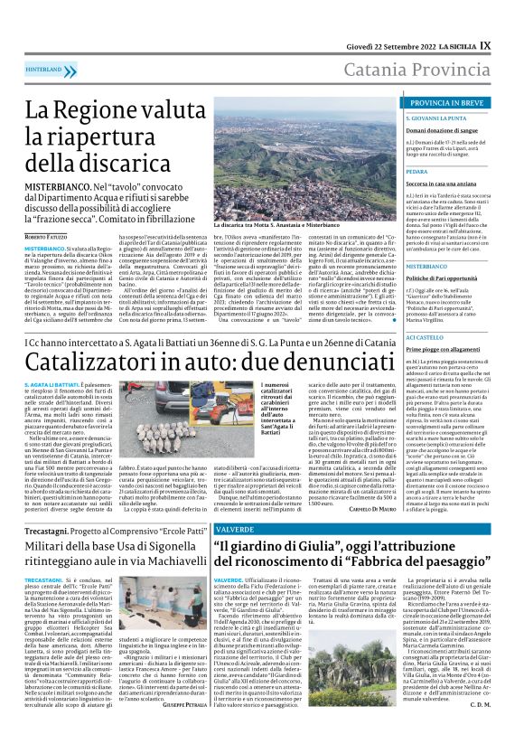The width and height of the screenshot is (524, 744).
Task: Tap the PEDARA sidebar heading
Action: click(416, 170)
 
